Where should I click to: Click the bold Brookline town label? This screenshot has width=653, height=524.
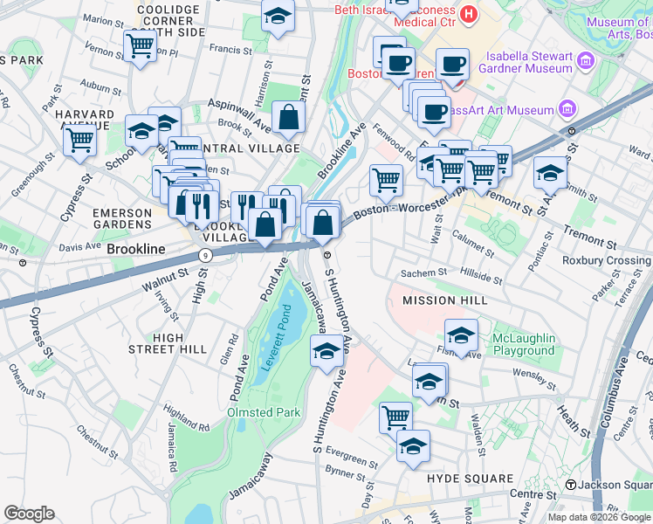coord(136,249)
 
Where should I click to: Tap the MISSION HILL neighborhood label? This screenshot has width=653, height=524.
coord(441,300)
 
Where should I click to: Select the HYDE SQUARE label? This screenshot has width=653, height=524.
coord(470,479)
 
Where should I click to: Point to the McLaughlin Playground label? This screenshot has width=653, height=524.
coord(522,345)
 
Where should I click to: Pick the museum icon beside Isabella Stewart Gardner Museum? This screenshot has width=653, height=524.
coord(586,60)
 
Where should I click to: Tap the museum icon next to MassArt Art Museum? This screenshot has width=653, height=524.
coord(568,110)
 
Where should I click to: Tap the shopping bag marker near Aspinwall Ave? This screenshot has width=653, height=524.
coord(287,117)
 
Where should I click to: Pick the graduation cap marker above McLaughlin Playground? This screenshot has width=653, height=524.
coord(461,334)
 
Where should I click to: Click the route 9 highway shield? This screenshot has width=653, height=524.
coord(204,255)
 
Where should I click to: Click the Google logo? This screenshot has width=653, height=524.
coord(29,514)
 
